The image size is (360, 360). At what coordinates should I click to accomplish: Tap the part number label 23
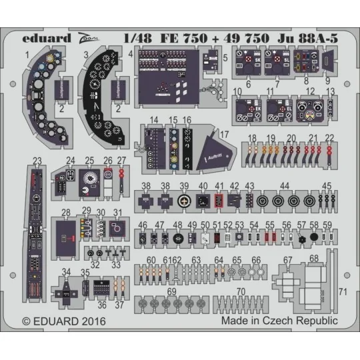click(37, 159)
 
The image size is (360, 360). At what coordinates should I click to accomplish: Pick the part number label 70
click(240, 291)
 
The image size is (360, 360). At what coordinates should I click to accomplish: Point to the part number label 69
click(171, 291)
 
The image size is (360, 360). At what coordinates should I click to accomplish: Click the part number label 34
click(66, 271)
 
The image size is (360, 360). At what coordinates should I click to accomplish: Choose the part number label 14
click(154, 120)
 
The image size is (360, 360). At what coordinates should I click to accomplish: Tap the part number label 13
click(330, 90)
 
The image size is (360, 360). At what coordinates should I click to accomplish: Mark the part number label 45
click(327, 185)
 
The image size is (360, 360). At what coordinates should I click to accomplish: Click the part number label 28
click(66, 213)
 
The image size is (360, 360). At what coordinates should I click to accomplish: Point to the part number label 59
click(327, 225)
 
